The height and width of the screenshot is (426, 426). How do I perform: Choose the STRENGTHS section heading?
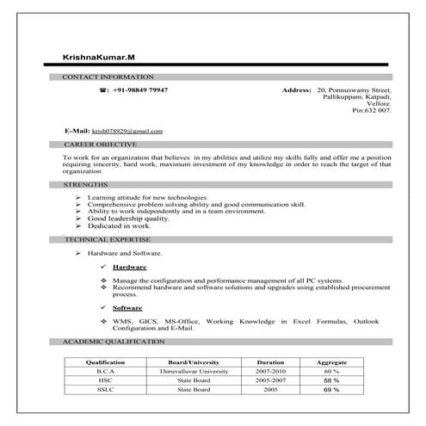click(86, 185)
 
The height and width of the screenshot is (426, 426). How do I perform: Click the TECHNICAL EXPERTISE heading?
click(108, 238)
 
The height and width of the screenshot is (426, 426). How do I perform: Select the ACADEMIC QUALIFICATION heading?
click(114, 342)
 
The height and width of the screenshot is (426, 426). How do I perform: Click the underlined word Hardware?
click(129, 268)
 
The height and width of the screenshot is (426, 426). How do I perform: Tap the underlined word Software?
click(127, 307)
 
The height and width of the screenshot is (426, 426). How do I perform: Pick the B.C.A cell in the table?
click(105, 372)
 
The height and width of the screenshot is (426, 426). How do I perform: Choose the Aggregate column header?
click(331, 362)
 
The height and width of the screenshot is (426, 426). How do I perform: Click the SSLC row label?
click(105, 390)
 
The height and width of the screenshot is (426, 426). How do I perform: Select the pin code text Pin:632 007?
click(372, 111)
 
